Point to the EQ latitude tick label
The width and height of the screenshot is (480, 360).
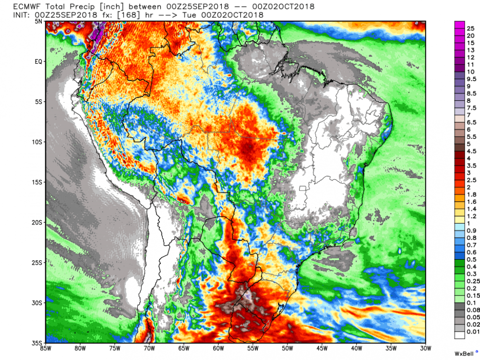39,61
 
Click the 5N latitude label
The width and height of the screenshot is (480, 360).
39,22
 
